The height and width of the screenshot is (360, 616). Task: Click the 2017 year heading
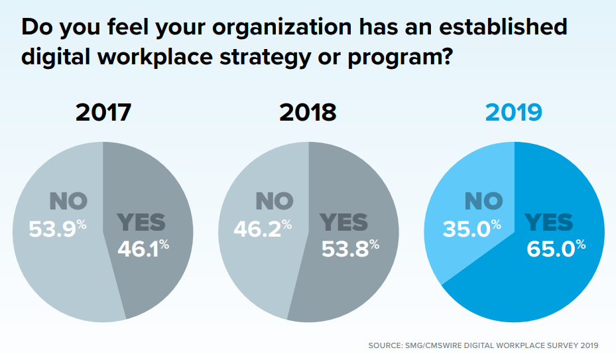(x=103, y=112)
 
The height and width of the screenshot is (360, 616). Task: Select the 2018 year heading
(x=308, y=112)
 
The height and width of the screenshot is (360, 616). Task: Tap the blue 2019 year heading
(x=514, y=112)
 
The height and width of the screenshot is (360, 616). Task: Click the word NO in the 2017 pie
(x=69, y=201)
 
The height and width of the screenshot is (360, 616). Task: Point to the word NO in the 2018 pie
(x=273, y=201)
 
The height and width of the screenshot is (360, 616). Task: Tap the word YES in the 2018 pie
(x=343, y=222)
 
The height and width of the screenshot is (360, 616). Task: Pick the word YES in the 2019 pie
(x=550, y=222)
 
